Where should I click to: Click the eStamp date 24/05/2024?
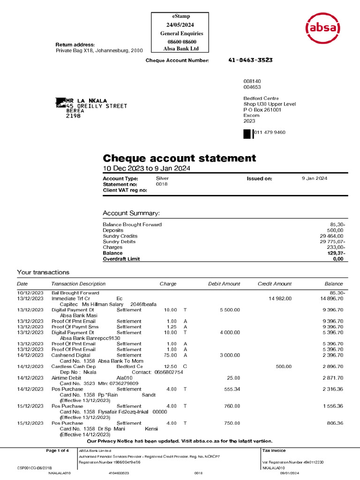180,25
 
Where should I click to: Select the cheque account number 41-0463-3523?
250,60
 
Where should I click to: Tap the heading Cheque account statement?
180,158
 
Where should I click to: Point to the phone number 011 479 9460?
270,132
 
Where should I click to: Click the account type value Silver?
162,179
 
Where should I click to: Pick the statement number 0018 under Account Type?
161,184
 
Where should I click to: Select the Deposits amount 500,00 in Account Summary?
336,230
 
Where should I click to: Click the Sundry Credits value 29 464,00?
332,236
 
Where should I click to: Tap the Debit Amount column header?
224,284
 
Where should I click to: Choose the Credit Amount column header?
275,284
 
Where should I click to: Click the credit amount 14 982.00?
280,299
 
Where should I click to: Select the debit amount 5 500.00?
230,310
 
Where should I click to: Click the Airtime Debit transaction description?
66,377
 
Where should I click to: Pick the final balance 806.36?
335,423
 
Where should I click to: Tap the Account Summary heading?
131,213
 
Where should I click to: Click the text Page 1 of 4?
57,450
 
